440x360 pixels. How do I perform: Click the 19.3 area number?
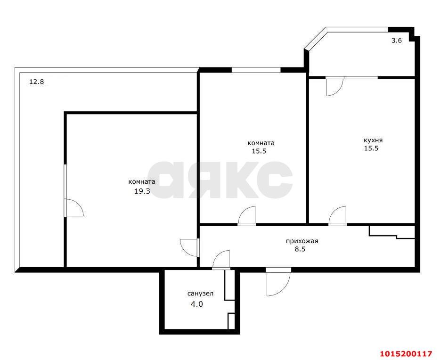142,191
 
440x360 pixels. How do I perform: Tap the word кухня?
373,140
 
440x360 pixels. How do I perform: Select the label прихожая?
302,241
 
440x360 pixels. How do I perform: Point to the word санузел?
200,294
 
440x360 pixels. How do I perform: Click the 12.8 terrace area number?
36,82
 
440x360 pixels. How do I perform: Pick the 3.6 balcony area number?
397,41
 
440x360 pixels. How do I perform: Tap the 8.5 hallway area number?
300,250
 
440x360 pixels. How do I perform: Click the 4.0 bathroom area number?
196,304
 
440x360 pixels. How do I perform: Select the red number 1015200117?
406,353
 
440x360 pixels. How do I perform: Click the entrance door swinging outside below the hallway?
277,282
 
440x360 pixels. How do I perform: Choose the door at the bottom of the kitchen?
338,216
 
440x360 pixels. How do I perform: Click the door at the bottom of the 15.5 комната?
247,216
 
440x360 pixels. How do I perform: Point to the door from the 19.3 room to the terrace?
74,208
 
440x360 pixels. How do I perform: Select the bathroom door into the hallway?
221,260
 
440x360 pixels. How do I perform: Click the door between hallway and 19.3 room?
189,246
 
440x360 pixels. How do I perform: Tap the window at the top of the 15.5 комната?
256,71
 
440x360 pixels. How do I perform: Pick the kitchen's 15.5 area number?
371,148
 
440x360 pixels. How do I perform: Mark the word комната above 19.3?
142,182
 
